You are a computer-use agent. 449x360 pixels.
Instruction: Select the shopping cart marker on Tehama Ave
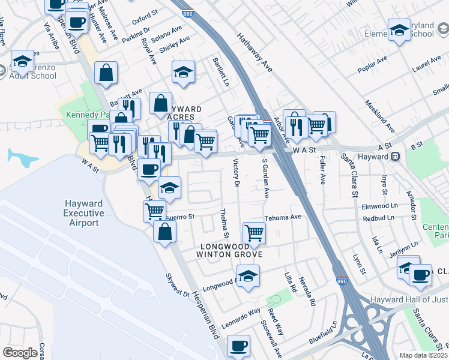255,233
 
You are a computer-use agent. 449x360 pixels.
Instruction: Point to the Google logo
20,353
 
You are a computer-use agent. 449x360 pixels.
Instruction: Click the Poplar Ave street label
372,65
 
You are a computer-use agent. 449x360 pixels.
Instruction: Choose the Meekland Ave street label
380,116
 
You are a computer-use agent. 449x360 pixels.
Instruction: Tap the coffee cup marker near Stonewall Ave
239,346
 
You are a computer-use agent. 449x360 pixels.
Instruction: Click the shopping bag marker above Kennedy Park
106,73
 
